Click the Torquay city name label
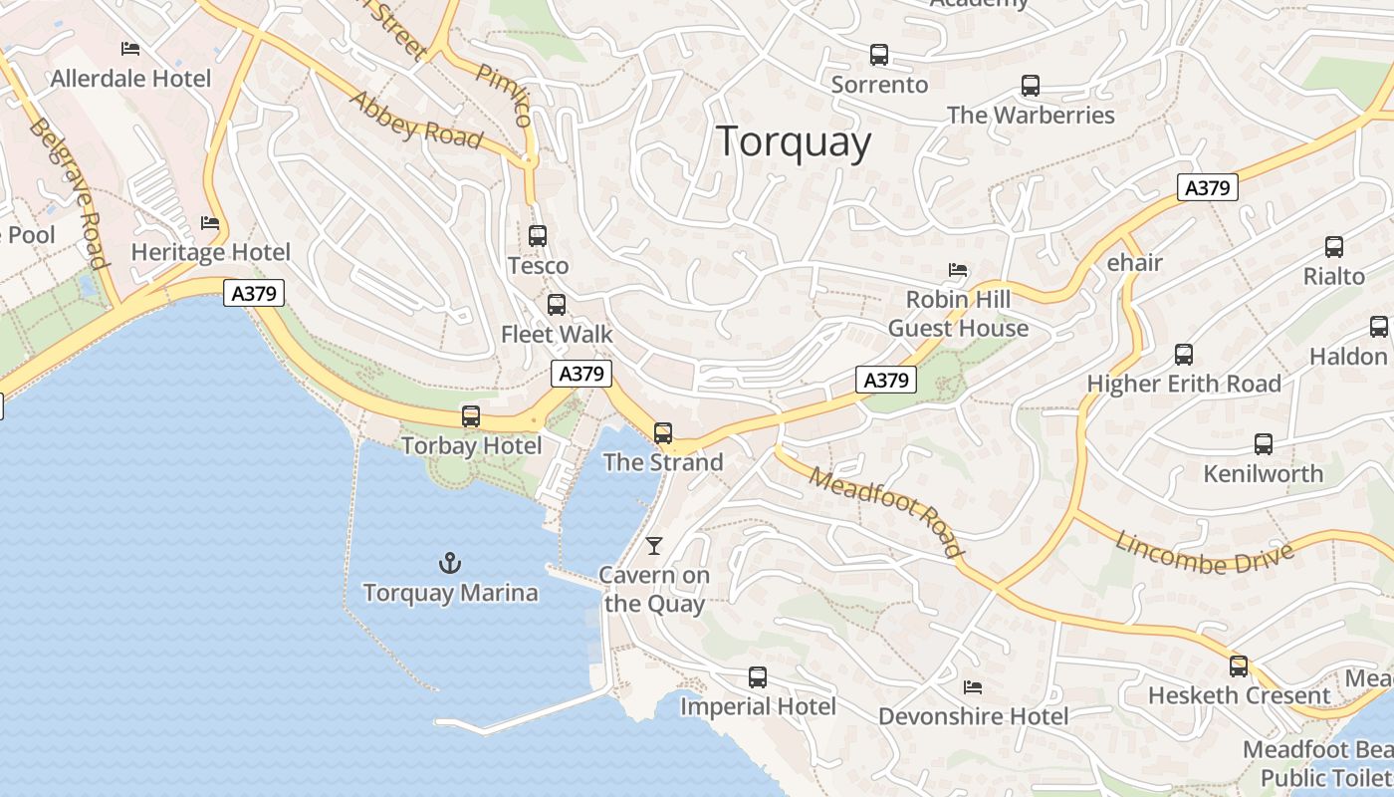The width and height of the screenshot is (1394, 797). [x=794, y=141]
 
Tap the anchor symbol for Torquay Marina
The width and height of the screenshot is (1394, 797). [x=450, y=564]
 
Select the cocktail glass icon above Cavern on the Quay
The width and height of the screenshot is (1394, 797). [x=654, y=545]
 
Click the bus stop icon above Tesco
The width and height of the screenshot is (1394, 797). [x=538, y=236]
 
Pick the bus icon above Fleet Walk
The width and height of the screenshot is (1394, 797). [x=557, y=305]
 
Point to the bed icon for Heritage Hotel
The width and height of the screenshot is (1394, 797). [x=210, y=223]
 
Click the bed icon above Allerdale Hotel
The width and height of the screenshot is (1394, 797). [x=130, y=48]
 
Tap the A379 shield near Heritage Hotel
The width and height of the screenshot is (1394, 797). [x=254, y=293]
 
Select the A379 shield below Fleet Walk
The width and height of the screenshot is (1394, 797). [x=581, y=374]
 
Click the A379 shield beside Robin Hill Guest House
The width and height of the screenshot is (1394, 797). [x=885, y=380]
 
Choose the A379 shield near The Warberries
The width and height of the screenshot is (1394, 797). [x=1207, y=187]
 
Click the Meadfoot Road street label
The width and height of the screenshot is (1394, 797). [x=886, y=512]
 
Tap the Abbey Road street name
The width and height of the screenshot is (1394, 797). [x=415, y=121]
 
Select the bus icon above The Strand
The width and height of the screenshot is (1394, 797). [x=663, y=433]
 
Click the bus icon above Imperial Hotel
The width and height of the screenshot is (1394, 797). [x=758, y=677]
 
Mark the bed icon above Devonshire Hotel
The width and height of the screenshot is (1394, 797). [x=973, y=687]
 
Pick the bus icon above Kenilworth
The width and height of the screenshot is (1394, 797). [x=1264, y=444]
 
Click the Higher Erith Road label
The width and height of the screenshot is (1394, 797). [x=1184, y=384]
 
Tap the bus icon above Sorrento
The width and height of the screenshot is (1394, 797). [x=878, y=55]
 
